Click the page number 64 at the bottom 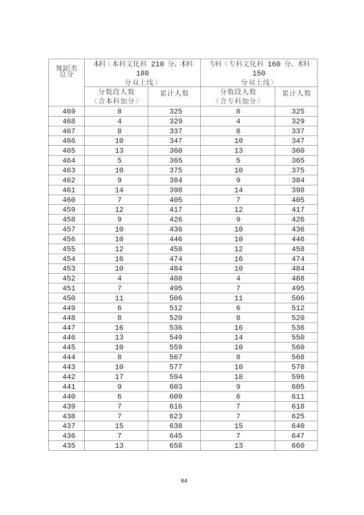pyautogui.click(x=184, y=481)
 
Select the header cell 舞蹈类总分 pyautogui.click(x=67, y=71)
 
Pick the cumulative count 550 pyautogui.click(x=298, y=337)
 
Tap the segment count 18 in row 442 pyautogui.click(x=238, y=376)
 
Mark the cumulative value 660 pyautogui.click(x=298, y=445)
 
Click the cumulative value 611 pyautogui.click(x=298, y=396)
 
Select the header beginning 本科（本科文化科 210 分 pyautogui.click(x=142, y=73)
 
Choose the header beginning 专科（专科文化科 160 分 pyautogui.click(x=259, y=73)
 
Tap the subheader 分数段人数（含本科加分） pyautogui.click(x=116, y=96)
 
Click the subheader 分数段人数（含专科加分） pyautogui.click(x=238, y=96)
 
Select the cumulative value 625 pyautogui.click(x=298, y=415)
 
